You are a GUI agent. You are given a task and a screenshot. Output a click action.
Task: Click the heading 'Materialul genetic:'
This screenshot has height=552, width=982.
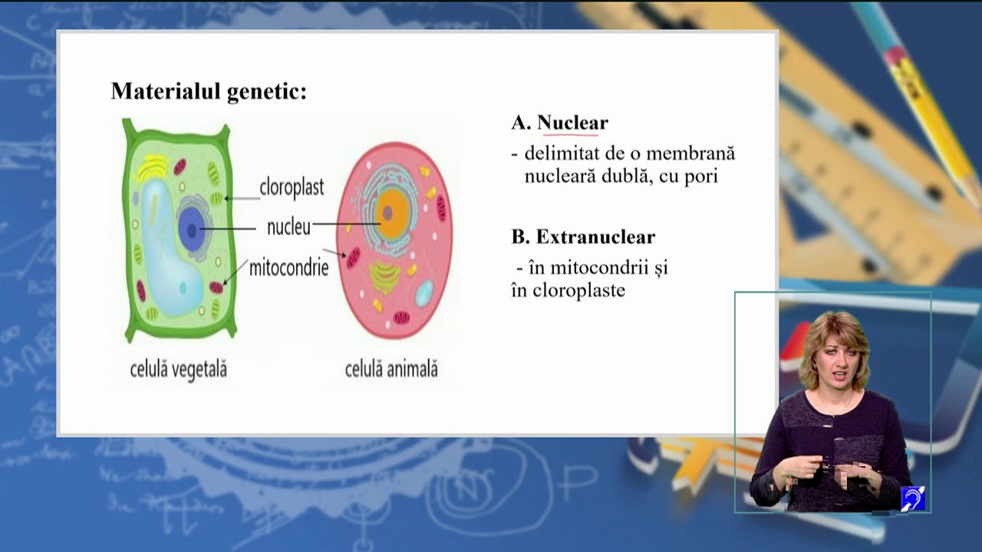(x=209, y=91)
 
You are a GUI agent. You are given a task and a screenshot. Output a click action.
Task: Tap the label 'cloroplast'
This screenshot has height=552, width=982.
(x=292, y=187)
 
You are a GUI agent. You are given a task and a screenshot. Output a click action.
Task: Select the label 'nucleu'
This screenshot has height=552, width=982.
(x=288, y=227)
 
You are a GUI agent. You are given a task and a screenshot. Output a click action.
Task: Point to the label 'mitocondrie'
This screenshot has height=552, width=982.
(x=288, y=268)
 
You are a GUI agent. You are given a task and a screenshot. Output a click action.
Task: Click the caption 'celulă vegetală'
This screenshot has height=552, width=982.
(x=179, y=370)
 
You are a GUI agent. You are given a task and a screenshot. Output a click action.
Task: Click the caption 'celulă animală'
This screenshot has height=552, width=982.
(x=391, y=370)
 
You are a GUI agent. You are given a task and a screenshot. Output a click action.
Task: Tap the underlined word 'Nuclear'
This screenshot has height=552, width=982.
(x=572, y=123)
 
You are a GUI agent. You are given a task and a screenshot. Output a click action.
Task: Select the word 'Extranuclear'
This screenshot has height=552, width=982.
(x=595, y=237)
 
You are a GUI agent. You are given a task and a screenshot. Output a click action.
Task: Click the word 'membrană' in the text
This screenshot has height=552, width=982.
(x=695, y=153)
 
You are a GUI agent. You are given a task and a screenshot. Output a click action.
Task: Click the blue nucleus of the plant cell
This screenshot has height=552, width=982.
(x=192, y=228)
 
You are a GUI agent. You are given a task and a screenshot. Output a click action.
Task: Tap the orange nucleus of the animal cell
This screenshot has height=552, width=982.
(x=392, y=214)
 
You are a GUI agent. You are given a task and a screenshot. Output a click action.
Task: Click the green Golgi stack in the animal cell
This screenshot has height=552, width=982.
(x=384, y=275)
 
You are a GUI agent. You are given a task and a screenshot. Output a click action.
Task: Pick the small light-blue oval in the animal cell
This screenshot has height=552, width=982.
(x=423, y=293)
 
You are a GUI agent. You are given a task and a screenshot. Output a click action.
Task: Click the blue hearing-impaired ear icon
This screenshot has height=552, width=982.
(x=912, y=499)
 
